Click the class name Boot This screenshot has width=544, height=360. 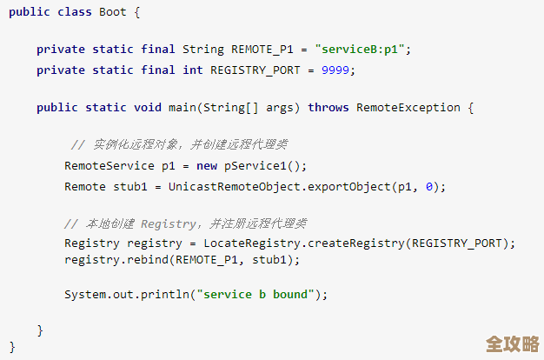click(x=113, y=12)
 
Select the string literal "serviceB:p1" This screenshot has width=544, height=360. click(x=360, y=50)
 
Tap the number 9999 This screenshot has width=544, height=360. click(x=335, y=70)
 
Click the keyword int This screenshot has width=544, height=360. click(x=193, y=70)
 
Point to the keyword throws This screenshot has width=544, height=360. click(x=328, y=108)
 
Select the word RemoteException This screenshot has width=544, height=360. click(x=408, y=108)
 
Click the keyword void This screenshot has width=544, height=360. click(x=148, y=108)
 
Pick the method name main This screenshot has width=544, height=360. click(x=182, y=108)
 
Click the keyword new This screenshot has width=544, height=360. click(x=207, y=166)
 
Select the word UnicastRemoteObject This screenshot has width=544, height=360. click(x=234, y=187)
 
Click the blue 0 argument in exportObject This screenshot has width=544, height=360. click(x=429, y=187)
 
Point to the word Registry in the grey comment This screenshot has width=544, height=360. click(x=169, y=224)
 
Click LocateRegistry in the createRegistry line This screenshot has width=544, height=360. click(x=252, y=243)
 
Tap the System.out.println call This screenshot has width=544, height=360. click(x=127, y=295)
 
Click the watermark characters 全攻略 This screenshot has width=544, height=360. click(x=513, y=344)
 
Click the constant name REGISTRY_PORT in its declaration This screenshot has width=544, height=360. click(x=255, y=70)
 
